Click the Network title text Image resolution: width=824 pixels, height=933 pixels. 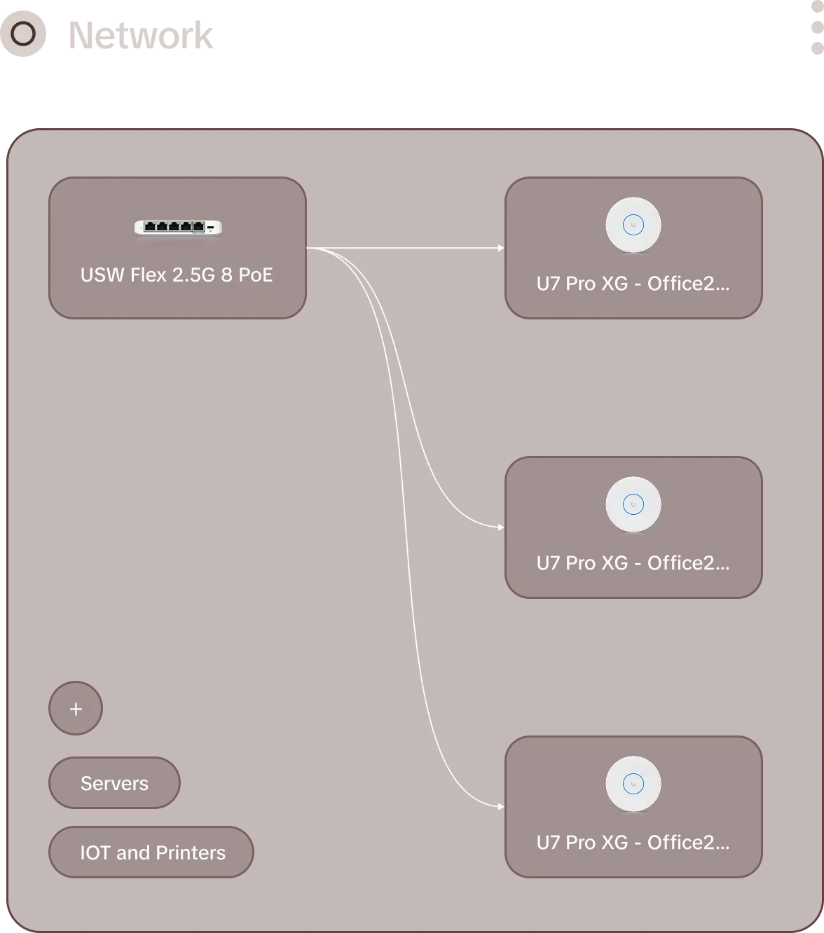140,35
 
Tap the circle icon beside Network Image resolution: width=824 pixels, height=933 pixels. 23,34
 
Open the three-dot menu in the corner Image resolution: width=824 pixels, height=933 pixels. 818,27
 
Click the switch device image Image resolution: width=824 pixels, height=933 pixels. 178,228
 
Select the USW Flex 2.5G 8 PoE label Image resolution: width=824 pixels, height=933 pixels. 177,275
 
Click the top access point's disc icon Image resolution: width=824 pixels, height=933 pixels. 633,225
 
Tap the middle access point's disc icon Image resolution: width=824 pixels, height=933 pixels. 633,504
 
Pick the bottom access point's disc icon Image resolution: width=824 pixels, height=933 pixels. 633,784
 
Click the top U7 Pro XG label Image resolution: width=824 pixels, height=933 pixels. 633,284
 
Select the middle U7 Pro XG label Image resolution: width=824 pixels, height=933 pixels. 633,562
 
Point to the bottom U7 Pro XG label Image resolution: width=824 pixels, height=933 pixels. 633,842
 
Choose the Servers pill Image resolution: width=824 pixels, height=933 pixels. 114,783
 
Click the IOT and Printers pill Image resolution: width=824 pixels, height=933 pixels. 151,852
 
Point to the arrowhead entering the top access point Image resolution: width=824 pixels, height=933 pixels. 501,248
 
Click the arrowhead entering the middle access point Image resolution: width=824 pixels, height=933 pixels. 501,527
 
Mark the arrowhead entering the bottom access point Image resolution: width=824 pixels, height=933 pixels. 501,807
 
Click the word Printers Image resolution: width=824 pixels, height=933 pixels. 191,853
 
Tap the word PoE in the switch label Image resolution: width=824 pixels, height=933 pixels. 255,275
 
